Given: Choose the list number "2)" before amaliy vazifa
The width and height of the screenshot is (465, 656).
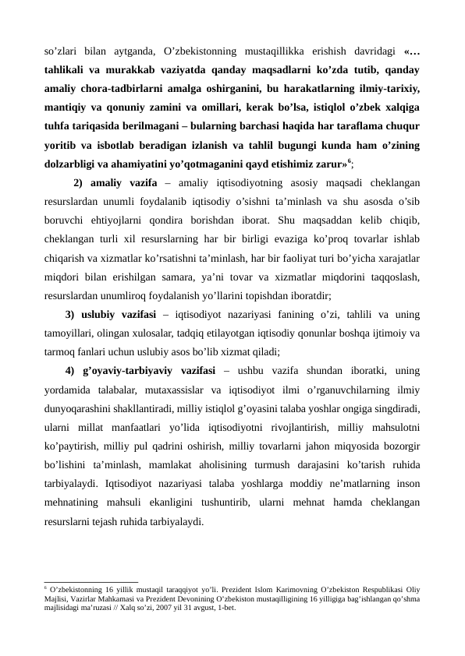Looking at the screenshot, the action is pos(78,184).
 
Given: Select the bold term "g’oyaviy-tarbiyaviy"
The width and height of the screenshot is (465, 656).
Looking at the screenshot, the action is pos(130,369).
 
